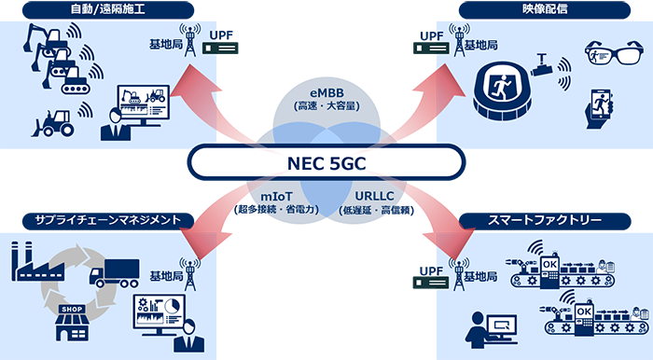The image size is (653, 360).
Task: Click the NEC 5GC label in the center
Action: click(326, 163)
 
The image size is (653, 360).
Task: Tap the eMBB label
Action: click(326, 93)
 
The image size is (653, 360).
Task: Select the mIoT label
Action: click(276, 197)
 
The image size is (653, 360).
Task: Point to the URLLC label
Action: click(374, 196)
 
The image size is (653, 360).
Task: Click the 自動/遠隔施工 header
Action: click(108, 10)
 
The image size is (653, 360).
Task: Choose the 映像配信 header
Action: click(545, 10)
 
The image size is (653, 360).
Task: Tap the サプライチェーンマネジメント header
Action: click(108, 221)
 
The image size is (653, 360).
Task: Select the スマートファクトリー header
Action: click(545, 221)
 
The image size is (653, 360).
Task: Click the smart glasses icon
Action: click(614, 52)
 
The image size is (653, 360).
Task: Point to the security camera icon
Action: click(541, 65)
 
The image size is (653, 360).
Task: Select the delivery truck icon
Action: click(114, 273)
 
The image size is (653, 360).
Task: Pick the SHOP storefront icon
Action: click(73, 323)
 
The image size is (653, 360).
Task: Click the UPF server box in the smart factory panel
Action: click(431, 283)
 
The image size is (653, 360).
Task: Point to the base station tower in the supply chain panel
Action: click(190, 274)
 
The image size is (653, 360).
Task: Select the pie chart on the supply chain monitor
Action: click(172, 306)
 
